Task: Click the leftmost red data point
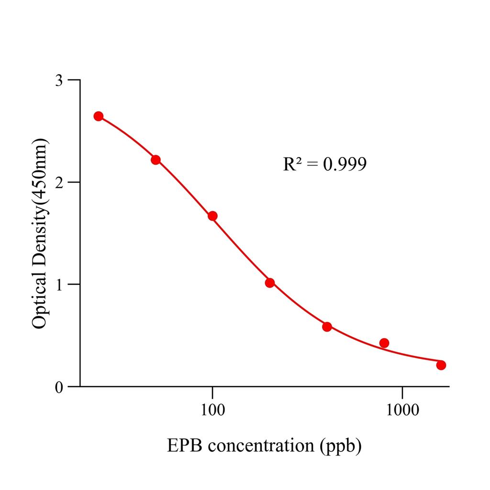click(x=99, y=116)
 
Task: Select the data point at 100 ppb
click(x=212, y=216)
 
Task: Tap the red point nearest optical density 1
click(x=270, y=283)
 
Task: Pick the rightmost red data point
click(x=441, y=365)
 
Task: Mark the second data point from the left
click(x=156, y=160)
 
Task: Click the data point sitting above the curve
click(x=384, y=343)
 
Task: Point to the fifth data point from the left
click(x=327, y=327)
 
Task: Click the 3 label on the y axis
click(x=59, y=80)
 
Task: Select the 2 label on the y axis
click(x=59, y=182)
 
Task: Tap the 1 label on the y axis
click(x=59, y=284)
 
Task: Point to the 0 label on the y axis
click(x=59, y=387)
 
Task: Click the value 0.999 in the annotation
click(x=345, y=164)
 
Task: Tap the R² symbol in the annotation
click(x=291, y=164)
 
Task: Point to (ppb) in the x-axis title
click(x=341, y=446)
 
